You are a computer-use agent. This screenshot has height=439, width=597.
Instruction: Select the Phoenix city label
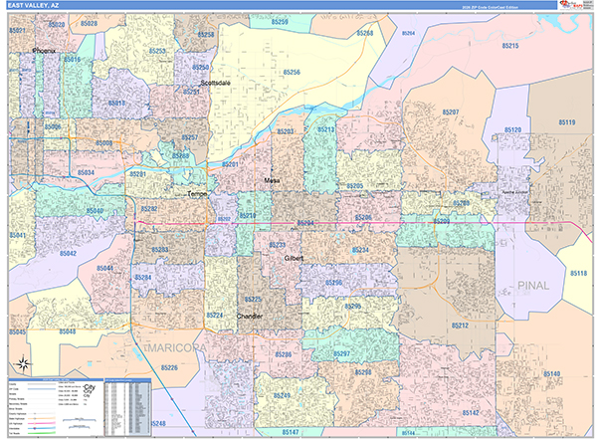[46, 49]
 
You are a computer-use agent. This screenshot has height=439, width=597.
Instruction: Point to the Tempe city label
[198, 194]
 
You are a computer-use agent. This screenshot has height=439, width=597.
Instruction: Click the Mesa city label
[272, 180]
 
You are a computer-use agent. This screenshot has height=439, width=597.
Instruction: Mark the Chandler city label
[249, 316]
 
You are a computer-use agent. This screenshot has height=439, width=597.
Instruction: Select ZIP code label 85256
[292, 73]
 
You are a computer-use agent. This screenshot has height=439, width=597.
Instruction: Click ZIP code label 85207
[449, 112]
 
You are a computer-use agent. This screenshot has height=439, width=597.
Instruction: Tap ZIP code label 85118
[578, 273]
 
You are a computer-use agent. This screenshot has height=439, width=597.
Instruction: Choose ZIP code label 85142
[471, 412]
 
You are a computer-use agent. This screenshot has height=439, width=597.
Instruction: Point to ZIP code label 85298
[362, 372]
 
